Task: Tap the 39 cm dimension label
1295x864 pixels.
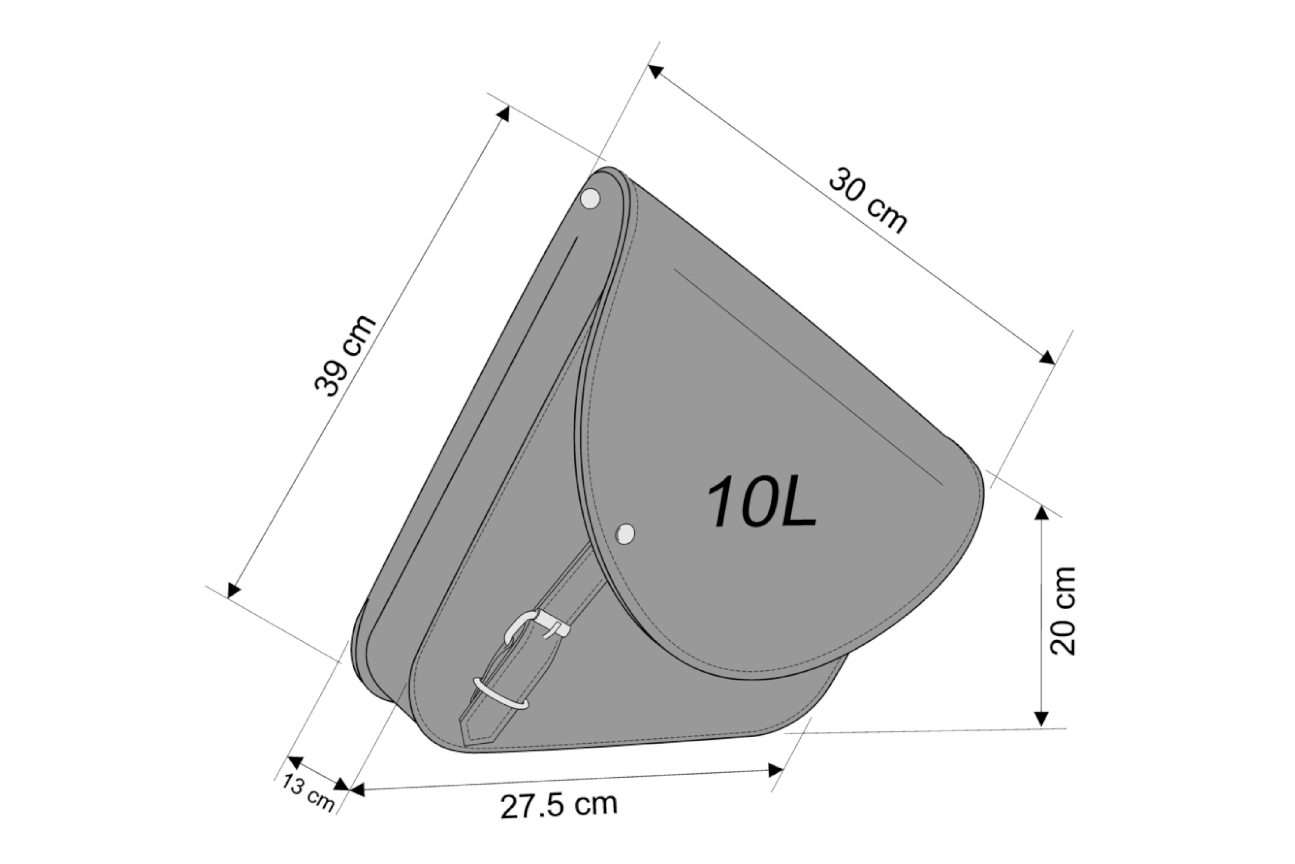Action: click(345, 356)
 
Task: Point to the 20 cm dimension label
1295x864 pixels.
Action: click(1063, 610)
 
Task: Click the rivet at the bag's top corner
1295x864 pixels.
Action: click(590, 198)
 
